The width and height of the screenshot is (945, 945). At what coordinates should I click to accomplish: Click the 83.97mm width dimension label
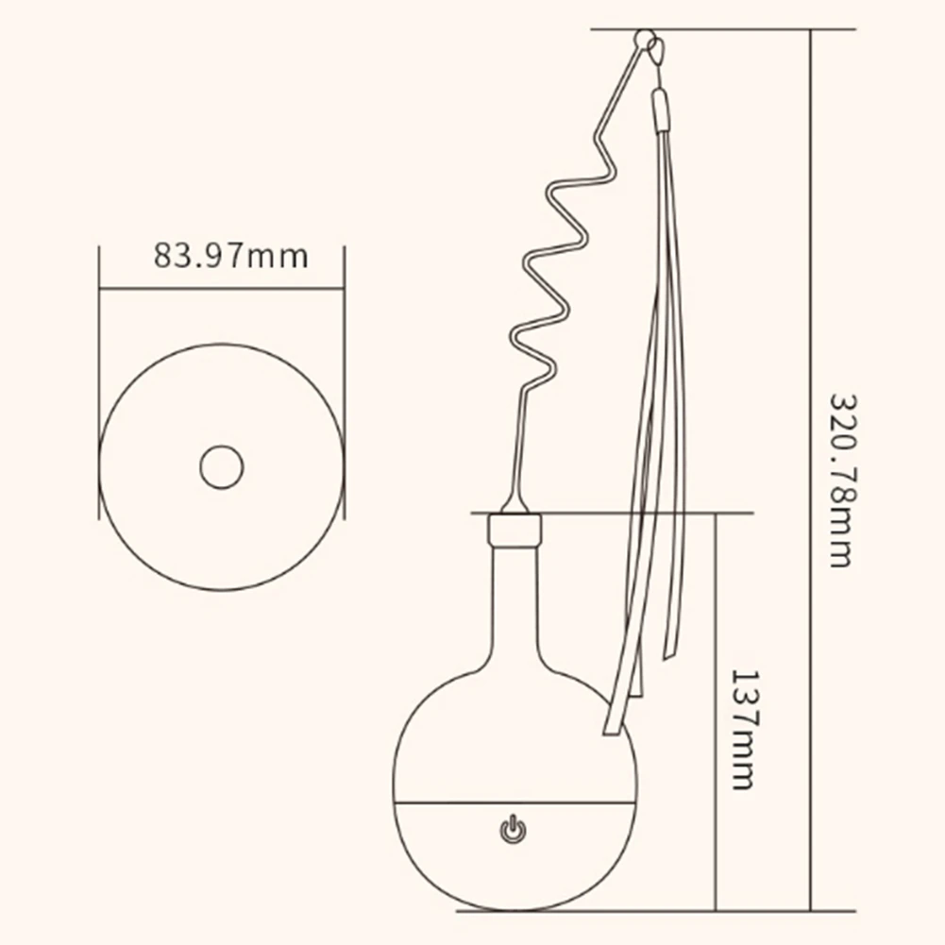pyautogui.click(x=231, y=256)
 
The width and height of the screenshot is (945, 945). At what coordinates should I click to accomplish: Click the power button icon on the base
pyautogui.click(x=512, y=830)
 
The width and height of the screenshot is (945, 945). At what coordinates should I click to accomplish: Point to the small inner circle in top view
pyautogui.click(x=222, y=466)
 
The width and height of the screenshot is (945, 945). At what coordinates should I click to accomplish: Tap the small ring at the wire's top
pyautogui.click(x=644, y=40)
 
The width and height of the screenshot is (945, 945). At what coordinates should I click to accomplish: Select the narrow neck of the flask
pyautogui.click(x=515, y=604)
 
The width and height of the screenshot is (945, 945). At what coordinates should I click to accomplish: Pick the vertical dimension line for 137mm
pyautogui.click(x=717, y=708)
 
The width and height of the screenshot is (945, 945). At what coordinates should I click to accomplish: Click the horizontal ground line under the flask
pyautogui.click(x=566, y=910)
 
